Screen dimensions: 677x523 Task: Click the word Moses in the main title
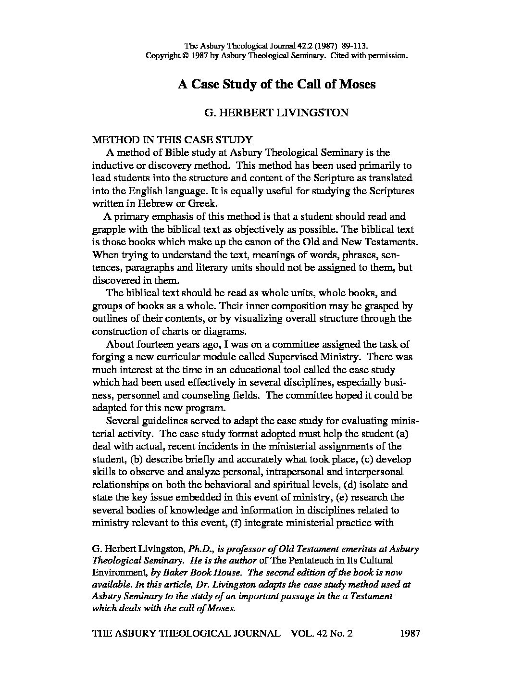pyautogui.click(x=358, y=85)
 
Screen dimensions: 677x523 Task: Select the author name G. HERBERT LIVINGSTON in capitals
pyautogui.click(x=276, y=113)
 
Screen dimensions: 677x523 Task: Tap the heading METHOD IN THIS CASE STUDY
pyautogui.click(x=172, y=140)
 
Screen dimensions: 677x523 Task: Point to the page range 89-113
pyautogui.click(x=355, y=46)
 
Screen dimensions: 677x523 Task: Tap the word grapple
pyautogui.click(x=109, y=229)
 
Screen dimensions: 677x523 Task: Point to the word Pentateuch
pyautogui.click(x=313, y=561)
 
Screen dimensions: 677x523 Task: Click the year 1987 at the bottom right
pyautogui.click(x=410, y=634)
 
